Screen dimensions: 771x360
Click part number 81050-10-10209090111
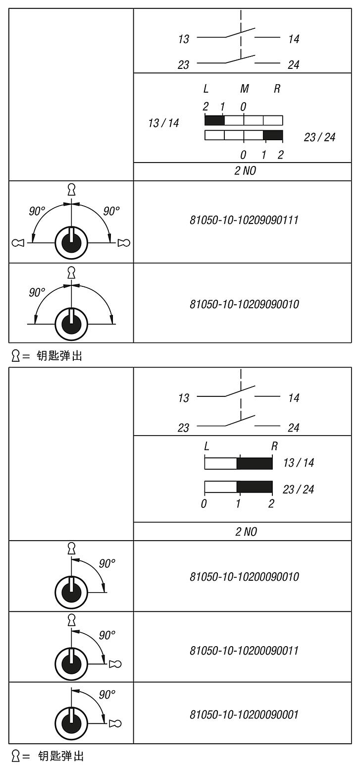click(x=244, y=220)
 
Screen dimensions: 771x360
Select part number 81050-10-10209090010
click(x=244, y=304)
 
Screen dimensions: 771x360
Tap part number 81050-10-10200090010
click(x=244, y=577)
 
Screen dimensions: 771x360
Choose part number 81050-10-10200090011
click(x=244, y=650)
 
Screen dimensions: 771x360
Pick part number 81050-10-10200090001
click(x=244, y=715)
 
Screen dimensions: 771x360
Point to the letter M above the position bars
click(x=244, y=89)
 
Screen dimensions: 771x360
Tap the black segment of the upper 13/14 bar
click(x=214, y=120)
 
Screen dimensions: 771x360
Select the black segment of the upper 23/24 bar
click(x=273, y=135)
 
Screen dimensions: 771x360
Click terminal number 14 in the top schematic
click(x=294, y=39)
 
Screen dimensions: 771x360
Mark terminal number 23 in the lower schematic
click(x=184, y=428)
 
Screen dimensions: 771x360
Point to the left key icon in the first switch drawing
click(x=19, y=243)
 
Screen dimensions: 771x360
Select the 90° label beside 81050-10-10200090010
click(x=107, y=563)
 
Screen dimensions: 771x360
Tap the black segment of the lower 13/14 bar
click(x=255, y=463)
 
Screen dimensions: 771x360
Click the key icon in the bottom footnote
click(x=16, y=756)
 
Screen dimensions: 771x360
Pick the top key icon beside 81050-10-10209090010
click(x=72, y=273)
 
